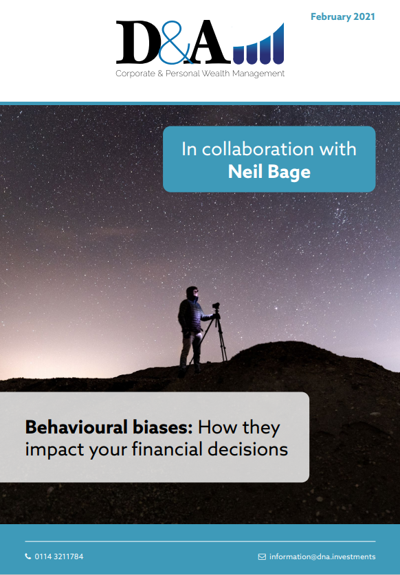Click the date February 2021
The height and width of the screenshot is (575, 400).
click(x=342, y=17)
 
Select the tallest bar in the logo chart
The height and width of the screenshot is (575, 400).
click(x=278, y=44)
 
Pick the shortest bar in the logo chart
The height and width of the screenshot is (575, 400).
click(x=238, y=55)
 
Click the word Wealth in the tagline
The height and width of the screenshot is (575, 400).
click(x=216, y=74)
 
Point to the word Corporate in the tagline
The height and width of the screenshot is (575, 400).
click(x=135, y=74)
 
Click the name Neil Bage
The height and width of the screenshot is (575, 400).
click(x=269, y=172)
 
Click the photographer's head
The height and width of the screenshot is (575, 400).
click(x=192, y=293)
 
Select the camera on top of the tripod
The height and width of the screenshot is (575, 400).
click(x=216, y=306)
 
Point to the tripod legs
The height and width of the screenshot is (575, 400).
click(x=213, y=339)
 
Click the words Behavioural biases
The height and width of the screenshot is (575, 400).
click(x=109, y=427)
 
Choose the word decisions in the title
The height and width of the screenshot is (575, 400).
click(x=247, y=449)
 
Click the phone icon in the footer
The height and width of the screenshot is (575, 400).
click(x=28, y=556)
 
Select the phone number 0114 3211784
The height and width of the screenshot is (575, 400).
click(x=59, y=556)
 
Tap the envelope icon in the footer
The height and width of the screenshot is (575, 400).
click(x=262, y=556)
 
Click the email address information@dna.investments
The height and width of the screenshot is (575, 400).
click(x=322, y=556)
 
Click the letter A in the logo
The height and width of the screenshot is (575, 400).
click(x=209, y=42)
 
